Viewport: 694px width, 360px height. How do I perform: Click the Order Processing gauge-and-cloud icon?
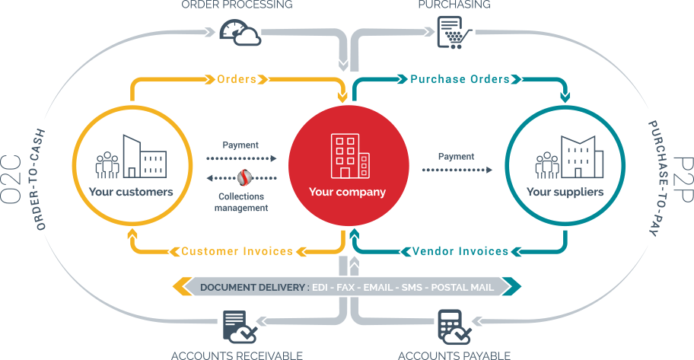239,32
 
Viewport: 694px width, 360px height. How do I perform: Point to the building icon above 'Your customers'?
131,158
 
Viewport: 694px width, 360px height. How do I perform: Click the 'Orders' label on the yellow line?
236,79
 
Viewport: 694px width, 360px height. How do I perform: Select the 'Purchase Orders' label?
460,79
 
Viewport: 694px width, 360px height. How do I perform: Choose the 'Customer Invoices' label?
237,251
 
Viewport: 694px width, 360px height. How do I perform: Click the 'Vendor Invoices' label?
460,251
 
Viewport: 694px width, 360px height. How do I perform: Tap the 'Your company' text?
347,192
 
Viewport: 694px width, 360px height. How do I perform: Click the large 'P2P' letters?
680,180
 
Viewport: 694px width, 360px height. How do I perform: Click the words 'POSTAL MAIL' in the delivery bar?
462,287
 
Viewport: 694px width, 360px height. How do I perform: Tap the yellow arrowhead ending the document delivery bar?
181,287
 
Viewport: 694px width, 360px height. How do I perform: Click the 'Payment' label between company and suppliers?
456,157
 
